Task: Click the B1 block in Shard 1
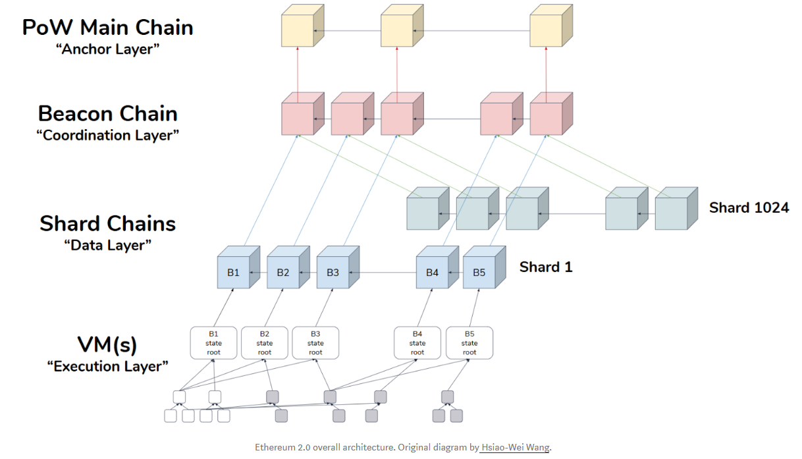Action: pos(233,272)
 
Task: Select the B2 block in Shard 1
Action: pos(283,272)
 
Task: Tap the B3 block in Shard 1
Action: pos(333,272)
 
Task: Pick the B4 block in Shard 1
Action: pos(432,272)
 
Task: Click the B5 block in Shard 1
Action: pos(479,272)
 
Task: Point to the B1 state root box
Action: pos(214,343)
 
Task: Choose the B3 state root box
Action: pos(315,343)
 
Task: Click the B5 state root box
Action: pos(469,343)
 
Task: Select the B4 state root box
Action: pos(417,343)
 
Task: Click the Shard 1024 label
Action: pos(749,208)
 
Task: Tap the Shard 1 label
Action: pos(546,267)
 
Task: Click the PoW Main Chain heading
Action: pos(108,28)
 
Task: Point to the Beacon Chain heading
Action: pos(108,114)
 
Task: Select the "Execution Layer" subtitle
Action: pos(108,367)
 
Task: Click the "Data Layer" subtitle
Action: pos(108,245)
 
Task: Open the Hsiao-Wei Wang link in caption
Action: pos(514,448)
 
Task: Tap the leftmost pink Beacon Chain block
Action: pos(298,119)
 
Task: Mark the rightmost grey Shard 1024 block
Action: pos(671,213)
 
